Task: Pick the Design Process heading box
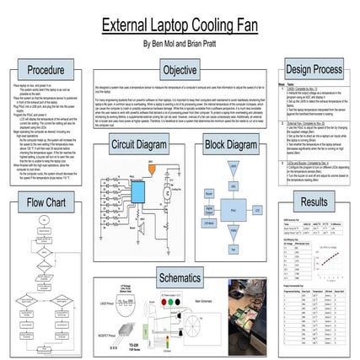point(314,69)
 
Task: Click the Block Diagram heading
point(230,145)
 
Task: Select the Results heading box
point(314,202)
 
